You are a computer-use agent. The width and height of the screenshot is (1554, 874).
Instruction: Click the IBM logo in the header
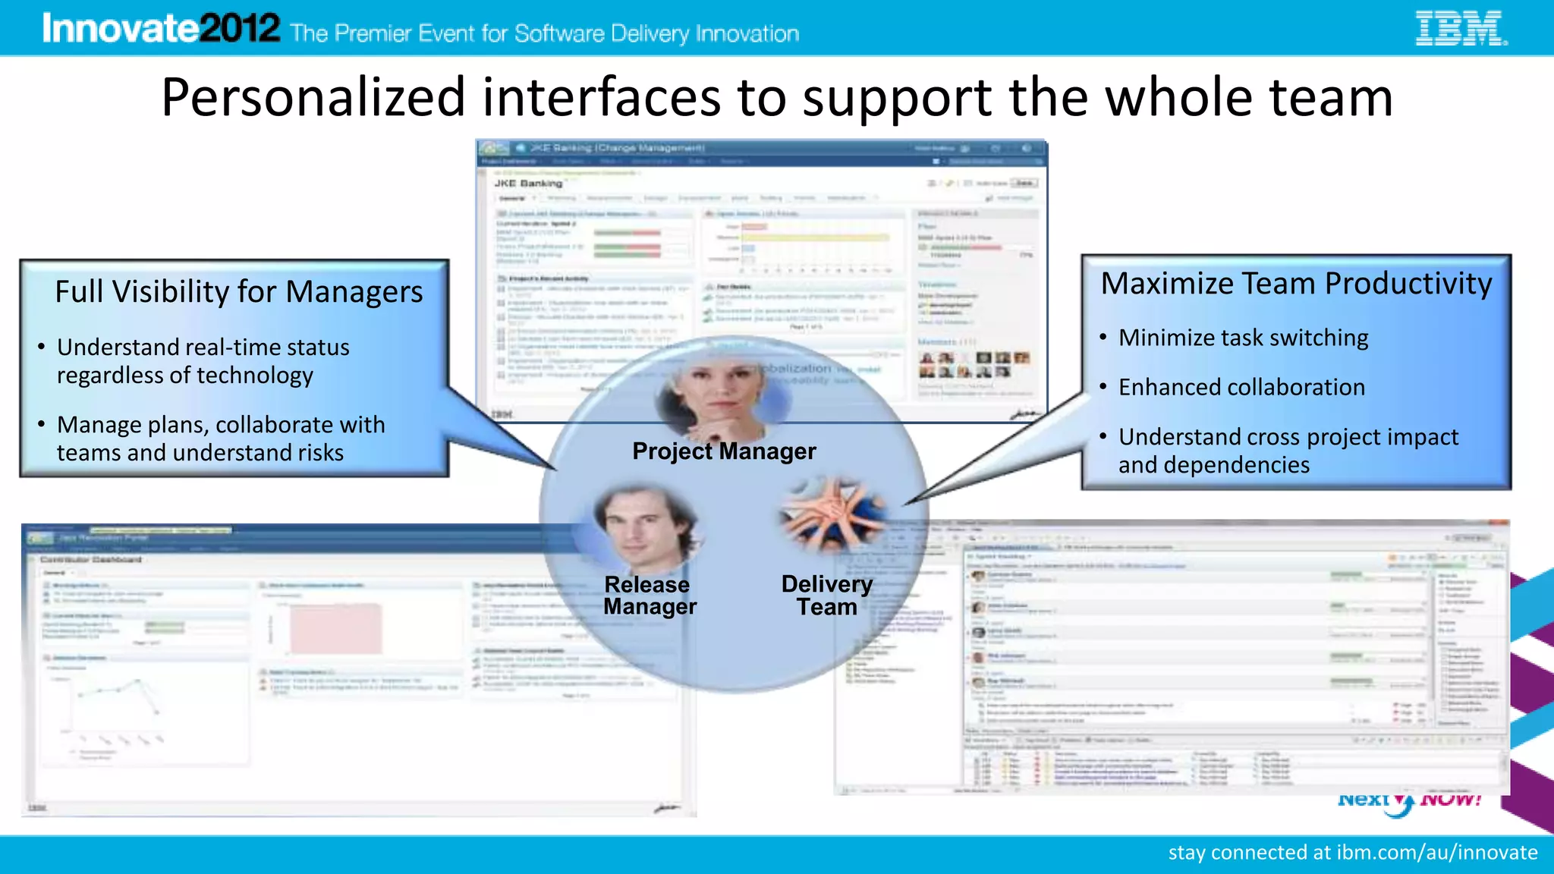click(x=1461, y=29)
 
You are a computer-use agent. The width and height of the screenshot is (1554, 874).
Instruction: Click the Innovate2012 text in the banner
click(x=161, y=29)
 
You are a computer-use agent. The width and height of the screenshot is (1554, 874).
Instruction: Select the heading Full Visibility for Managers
click(x=239, y=292)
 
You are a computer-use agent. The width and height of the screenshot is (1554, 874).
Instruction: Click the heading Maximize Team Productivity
click(x=1296, y=284)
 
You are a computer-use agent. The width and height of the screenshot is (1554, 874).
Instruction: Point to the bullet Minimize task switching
click(x=1243, y=338)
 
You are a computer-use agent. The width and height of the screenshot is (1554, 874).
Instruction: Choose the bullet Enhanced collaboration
click(x=1241, y=388)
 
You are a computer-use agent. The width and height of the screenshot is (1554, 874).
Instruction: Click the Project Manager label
click(x=724, y=451)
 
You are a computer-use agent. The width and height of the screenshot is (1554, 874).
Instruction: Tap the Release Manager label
click(x=649, y=596)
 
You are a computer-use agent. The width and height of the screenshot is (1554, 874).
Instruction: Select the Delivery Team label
click(x=826, y=596)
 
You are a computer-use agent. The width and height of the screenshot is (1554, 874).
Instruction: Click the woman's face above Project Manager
click(x=717, y=395)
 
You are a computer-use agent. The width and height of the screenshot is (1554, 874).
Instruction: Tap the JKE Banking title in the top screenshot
click(x=528, y=184)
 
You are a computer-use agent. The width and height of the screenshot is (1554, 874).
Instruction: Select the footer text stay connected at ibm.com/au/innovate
click(x=1352, y=853)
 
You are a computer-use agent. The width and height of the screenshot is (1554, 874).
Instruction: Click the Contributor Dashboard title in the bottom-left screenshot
click(x=91, y=560)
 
